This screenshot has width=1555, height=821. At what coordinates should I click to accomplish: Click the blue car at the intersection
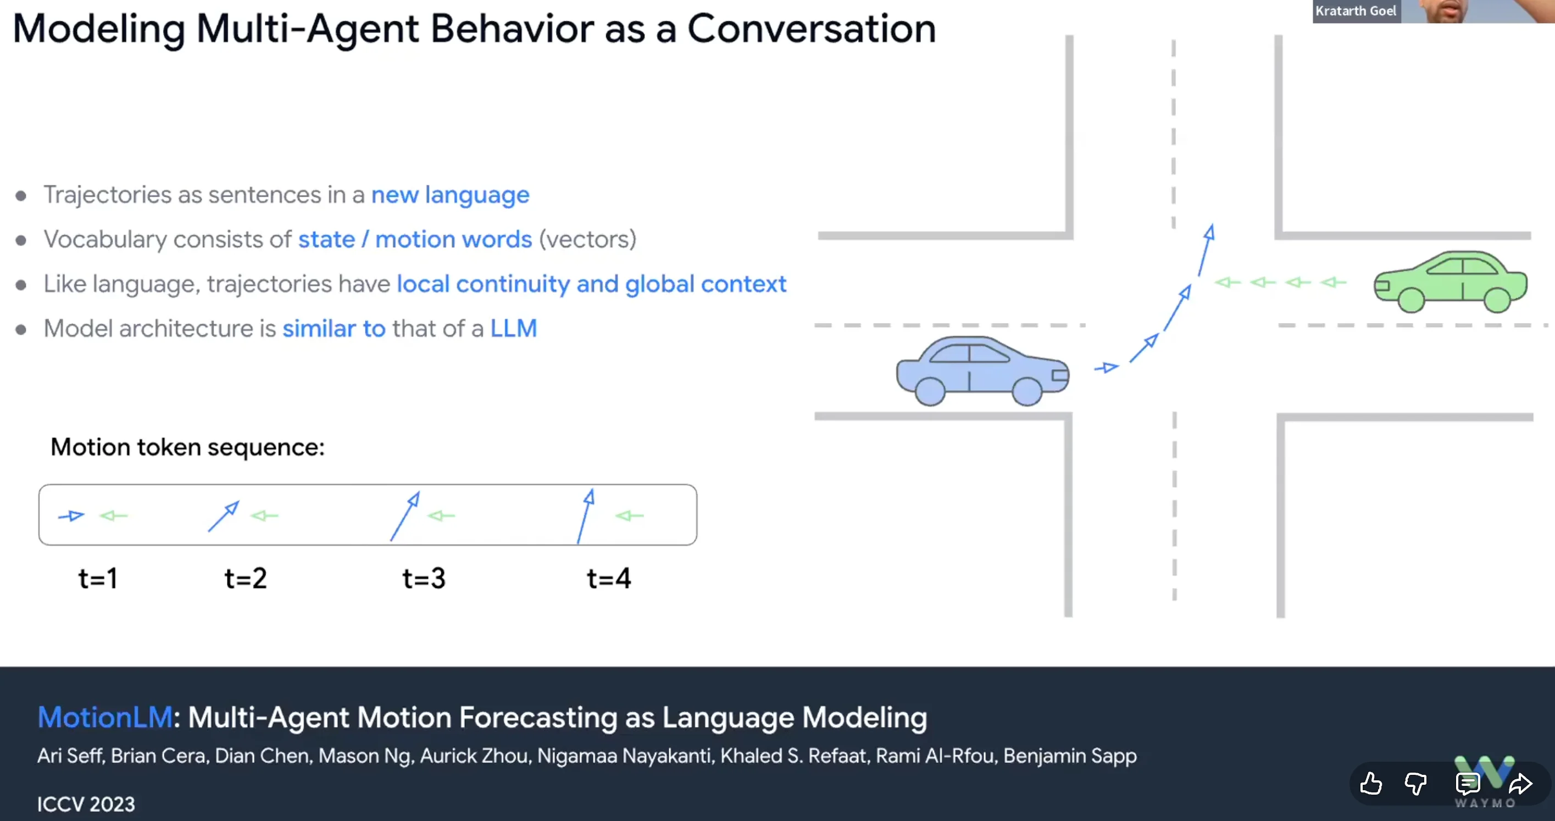tap(982, 370)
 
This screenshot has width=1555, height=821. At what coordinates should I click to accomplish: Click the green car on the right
tap(1451, 282)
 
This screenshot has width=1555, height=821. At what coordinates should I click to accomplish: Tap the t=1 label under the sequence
tap(98, 578)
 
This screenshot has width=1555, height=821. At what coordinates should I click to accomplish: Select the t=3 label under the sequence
tap(424, 578)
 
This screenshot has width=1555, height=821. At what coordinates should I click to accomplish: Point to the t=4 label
tap(609, 578)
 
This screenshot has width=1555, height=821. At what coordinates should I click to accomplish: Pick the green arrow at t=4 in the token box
tap(630, 515)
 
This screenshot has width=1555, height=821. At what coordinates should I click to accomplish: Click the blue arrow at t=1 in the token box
tap(71, 516)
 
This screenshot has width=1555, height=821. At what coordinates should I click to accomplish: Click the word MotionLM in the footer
tap(105, 718)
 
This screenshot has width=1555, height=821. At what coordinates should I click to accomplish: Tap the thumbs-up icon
tap(1371, 784)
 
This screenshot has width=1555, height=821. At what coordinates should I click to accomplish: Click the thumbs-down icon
tap(1415, 784)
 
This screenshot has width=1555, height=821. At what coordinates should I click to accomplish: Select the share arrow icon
tap(1520, 784)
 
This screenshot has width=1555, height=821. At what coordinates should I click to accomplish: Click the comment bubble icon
tap(1468, 784)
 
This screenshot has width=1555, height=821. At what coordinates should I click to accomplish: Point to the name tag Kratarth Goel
tap(1356, 11)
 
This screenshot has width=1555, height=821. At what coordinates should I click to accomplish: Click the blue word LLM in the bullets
tap(514, 329)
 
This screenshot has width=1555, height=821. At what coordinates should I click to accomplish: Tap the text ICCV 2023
tap(86, 805)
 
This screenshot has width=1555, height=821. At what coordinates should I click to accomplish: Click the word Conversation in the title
tap(812, 29)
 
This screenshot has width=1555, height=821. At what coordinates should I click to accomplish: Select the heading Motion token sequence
tap(188, 447)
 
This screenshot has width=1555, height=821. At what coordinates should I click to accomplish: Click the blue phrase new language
tap(451, 196)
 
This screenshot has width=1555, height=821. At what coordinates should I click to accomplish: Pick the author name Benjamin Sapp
tap(1070, 756)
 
